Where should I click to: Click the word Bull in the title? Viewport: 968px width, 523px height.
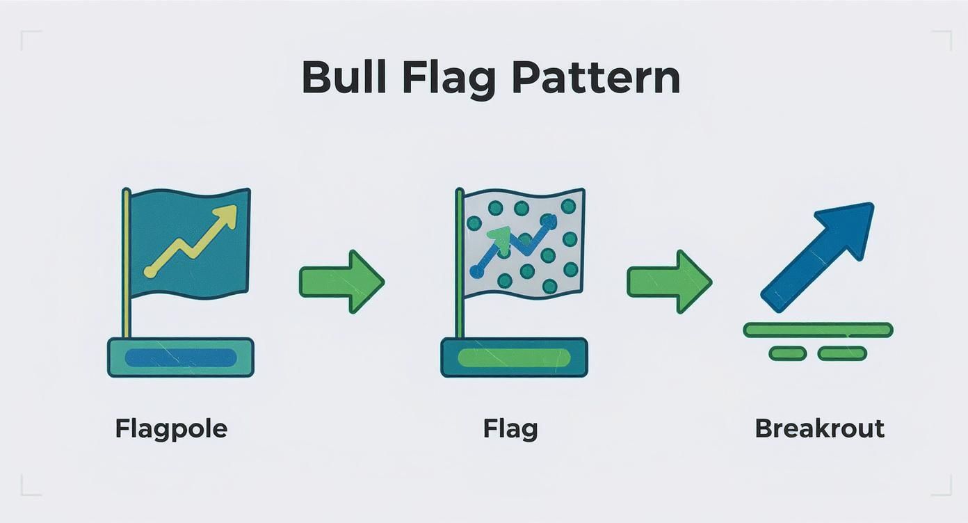(344, 77)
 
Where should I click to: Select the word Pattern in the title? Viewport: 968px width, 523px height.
(597, 77)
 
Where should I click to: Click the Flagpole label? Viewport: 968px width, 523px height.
(171, 430)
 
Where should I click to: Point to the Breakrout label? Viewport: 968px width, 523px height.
(820, 428)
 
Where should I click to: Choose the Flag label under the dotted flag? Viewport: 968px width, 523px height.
(510, 430)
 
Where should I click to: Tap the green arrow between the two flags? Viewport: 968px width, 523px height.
(342, 282)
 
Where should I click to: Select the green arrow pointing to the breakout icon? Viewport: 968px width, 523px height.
(670, 282)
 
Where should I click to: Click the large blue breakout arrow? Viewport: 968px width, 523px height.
(816, 257)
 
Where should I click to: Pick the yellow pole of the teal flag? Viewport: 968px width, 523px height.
(126, 263)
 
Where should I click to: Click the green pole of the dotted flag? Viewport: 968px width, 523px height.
(460, 263)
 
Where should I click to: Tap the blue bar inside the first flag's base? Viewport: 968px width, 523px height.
(181, 358)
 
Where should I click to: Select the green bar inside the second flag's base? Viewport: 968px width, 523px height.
(514, 358)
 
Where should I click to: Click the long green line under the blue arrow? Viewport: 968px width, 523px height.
(818, 330)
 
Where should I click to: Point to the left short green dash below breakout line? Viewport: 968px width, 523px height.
(787, 353)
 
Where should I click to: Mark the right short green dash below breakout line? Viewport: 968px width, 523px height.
(842, 353)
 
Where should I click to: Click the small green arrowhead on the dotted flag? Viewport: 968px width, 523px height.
(499, 238)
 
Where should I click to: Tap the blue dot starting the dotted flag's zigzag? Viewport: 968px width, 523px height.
(476, 271)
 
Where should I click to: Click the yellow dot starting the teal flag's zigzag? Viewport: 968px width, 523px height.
(150, 271)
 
